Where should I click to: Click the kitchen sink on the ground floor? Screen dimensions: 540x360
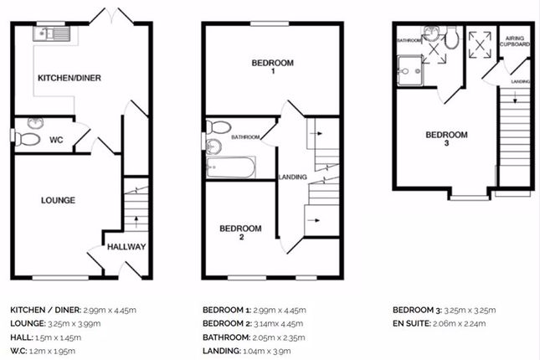tap(51, 33)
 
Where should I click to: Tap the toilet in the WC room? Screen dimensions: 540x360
tap(27, 139)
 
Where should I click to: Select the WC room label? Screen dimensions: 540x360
tap(56, 140)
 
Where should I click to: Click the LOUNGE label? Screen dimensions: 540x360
tap(58, 200)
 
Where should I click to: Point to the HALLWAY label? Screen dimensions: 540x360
tap(126, 247)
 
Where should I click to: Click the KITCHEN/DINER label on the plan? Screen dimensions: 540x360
tap(69, 78)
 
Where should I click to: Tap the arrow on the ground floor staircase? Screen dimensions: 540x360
tap(136, 222)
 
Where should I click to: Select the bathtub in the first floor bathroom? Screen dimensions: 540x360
tap(231, 167)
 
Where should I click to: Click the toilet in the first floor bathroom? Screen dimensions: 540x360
tap(219, 126)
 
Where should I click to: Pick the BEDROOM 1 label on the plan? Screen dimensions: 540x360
tap(273, 66)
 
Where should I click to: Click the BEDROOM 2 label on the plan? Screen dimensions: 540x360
tap(241, 232)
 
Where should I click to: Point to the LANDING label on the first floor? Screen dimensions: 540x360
tap(293, 177)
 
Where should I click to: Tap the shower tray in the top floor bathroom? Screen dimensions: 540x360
tap(409, 70)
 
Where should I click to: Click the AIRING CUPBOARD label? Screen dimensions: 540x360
tap(515, 41)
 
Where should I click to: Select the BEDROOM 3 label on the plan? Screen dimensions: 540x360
tap(447, 138)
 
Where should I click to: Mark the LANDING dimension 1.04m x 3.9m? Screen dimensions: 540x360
tap(266, 351)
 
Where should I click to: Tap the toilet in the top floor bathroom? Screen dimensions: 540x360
tap(451, 38)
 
